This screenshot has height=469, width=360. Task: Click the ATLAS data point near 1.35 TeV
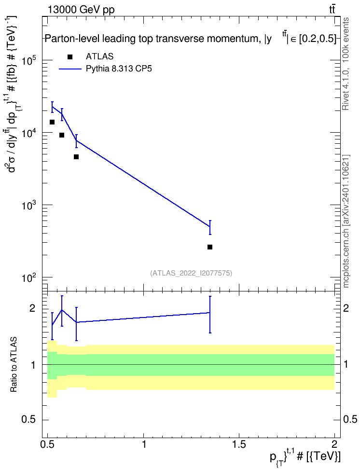pos(210,247)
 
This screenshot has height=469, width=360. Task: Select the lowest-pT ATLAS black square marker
pos(52,122)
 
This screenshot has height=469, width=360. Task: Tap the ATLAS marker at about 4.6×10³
pos(76,157)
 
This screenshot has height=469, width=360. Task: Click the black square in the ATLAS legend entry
pos(70,57)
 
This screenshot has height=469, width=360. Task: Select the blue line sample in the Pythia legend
pos(70,69)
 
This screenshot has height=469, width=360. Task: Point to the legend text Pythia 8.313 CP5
pos(119,69)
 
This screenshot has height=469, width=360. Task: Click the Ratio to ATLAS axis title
pos(14,365)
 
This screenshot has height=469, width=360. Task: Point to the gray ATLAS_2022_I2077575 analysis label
pos(191,273)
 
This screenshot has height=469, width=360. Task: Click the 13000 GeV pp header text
pos(81,10)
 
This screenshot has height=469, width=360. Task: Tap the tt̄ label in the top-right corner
pos(332,10)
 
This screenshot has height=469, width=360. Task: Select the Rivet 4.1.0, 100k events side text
pos(346,64)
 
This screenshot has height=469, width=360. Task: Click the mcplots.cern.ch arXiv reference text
pos(346,221)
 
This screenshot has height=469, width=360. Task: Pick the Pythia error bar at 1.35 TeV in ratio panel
pos(210,315)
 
